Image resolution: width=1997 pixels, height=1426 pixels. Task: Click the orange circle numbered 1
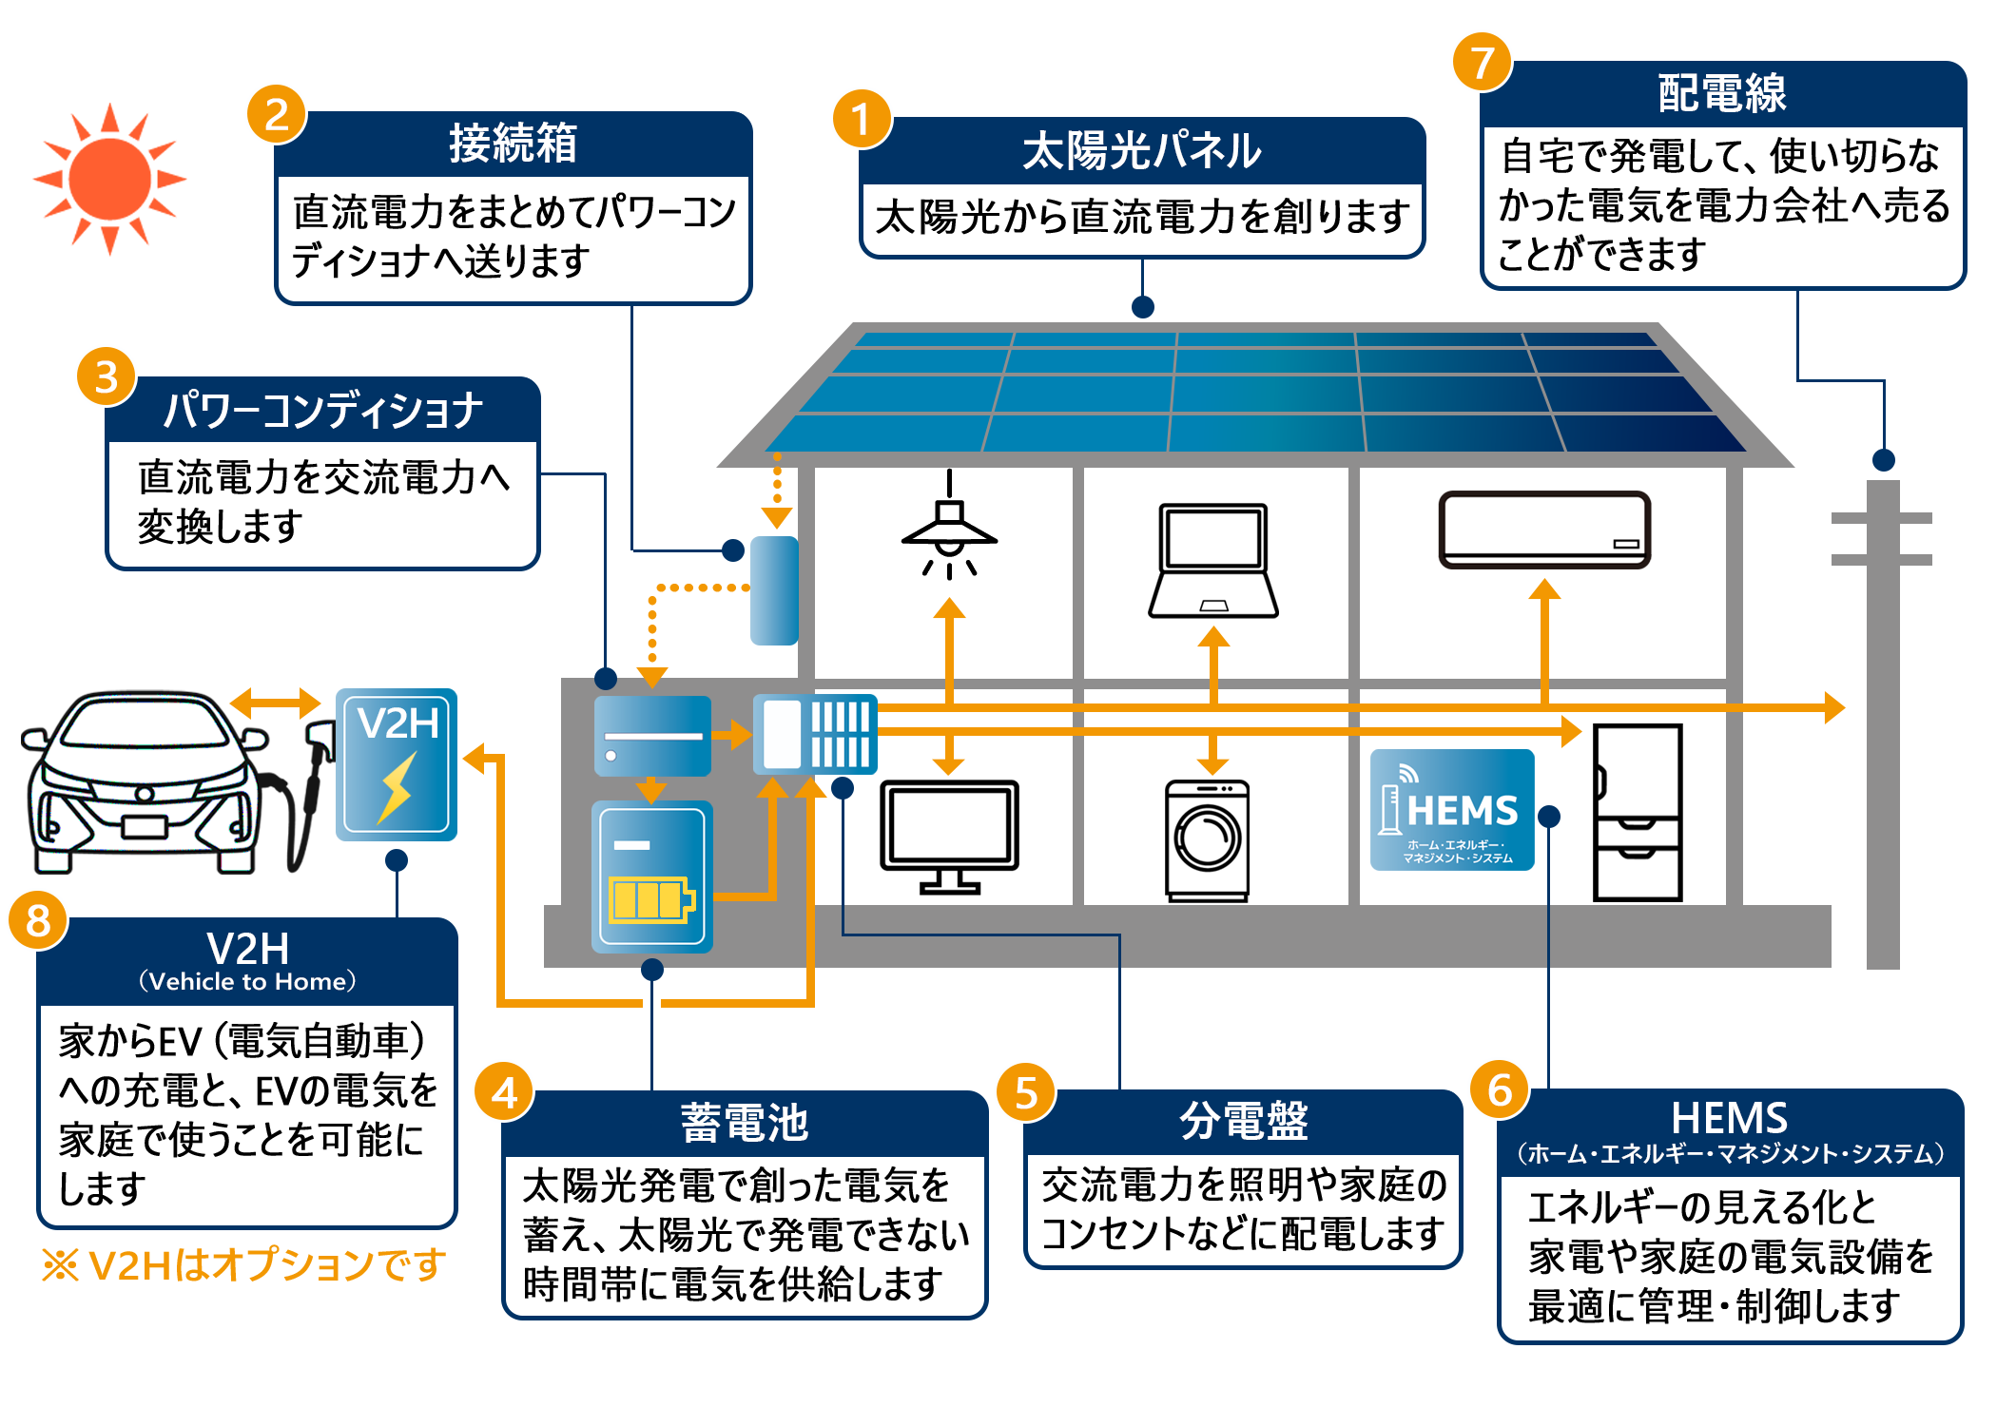pyautogui.click(x=862, y=120)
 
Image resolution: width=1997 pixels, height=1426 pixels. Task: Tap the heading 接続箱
pyautogui.click(x=513, y=144)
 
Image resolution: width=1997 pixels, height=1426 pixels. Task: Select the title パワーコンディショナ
pyautogui.click(x=322, y=411)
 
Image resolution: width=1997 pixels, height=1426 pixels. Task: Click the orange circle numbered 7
pyautogui.click(x=1481, y=63)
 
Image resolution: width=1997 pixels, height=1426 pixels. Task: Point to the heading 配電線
pyautogui.click(x=1721, y=93)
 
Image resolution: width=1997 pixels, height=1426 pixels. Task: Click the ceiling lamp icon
pyautogui.click(x=949, y=528)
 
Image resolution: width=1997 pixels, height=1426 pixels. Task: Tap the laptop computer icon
pyautogui.click(x=1212, y=561)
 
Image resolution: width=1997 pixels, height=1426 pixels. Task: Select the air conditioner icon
pyautogui.click(x=1544, y=530)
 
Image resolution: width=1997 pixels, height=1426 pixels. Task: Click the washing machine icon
pyautogui.click(x=1207, y=840)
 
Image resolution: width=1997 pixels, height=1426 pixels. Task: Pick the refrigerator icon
pyautogui.click(x=1637, y=813)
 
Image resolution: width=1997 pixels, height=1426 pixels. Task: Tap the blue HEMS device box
pyautogui.click(x=1451, y=810)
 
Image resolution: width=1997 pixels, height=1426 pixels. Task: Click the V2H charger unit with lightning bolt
pyautogui.click(x=397, y=764)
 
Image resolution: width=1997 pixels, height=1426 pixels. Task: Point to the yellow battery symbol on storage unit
pyautogui.click(x=650, y=898)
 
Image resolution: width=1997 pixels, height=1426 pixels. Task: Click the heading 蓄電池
pyautogui.click(x=744, y=1123)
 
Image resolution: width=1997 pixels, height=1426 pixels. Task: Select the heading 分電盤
pyautogui.click(x=1243, y=1121)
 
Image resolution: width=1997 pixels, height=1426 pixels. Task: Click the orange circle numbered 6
pyautogui.click(x=1499, y=1089)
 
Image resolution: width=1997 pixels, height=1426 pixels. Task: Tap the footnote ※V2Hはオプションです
pyautogui.click(x=243, y=1264)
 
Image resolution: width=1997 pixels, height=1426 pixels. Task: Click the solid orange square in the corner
pyautogui.click(x=109, y=180)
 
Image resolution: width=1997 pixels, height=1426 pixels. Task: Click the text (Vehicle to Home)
pyautogui.click(x=247, y=981)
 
